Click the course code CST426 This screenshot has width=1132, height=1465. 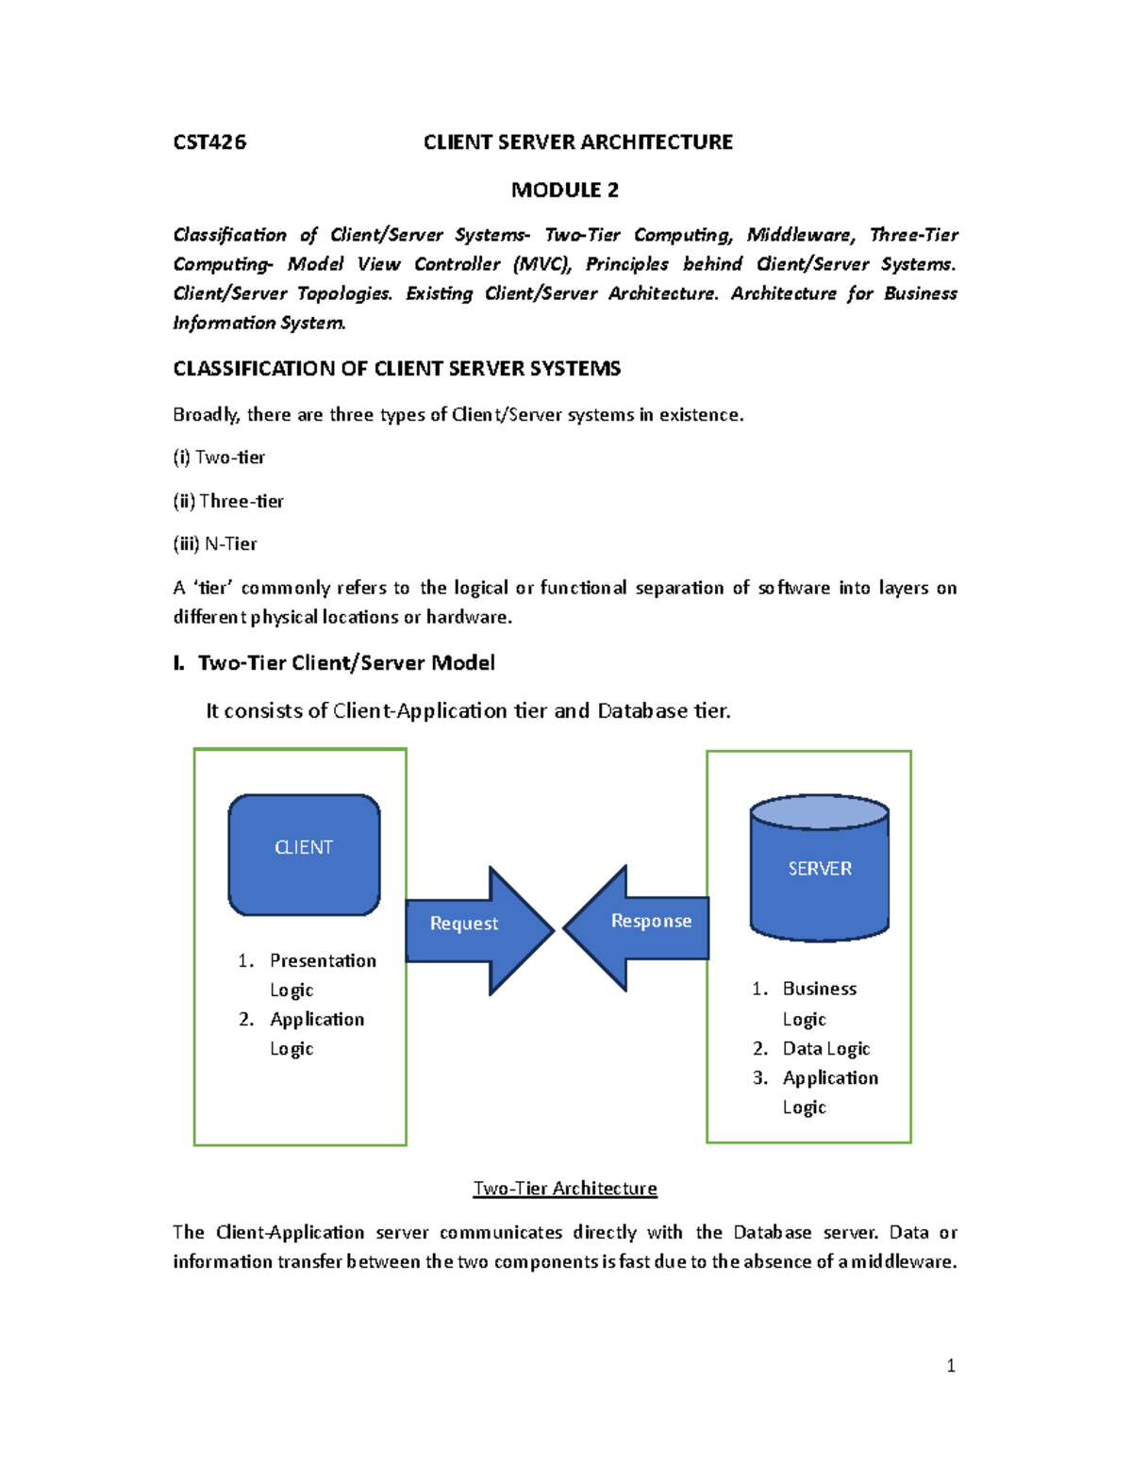pyautogui.click(x=209, y=142)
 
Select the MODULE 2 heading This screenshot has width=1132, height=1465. pyautogui.click(x=564, y=191)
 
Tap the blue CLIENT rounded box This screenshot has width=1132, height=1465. pyautogui.click(x=304, y=854)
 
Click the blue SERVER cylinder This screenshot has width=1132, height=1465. pyautogui.click(x=819, y=869)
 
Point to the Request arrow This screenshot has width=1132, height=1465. pyautogui.click(x=472, y=928)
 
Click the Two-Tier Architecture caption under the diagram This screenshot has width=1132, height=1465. pyautogui.click(x=564, y=1189)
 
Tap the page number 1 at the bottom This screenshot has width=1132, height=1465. pyautogui.click(x=950, y=1365)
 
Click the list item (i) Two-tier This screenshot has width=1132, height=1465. pyautogui.click(x=219, y=458)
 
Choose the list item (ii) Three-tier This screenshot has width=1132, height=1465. pyautogui.click(x=228, y=501)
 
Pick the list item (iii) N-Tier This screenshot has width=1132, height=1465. pyautogui.click(x=215, y=544)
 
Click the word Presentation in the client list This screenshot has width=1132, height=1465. pyautogui.click(x=323, y=960)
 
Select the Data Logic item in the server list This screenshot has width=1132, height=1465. pyautogui.click(x=825, y=1048)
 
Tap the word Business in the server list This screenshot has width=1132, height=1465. pyautogui.click(x=819, y=989)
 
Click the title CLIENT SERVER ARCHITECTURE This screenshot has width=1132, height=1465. pyautogui.click(x=577, y=142)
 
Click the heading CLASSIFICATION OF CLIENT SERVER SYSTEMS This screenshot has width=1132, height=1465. pyautogui.click(x=396, y=369)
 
